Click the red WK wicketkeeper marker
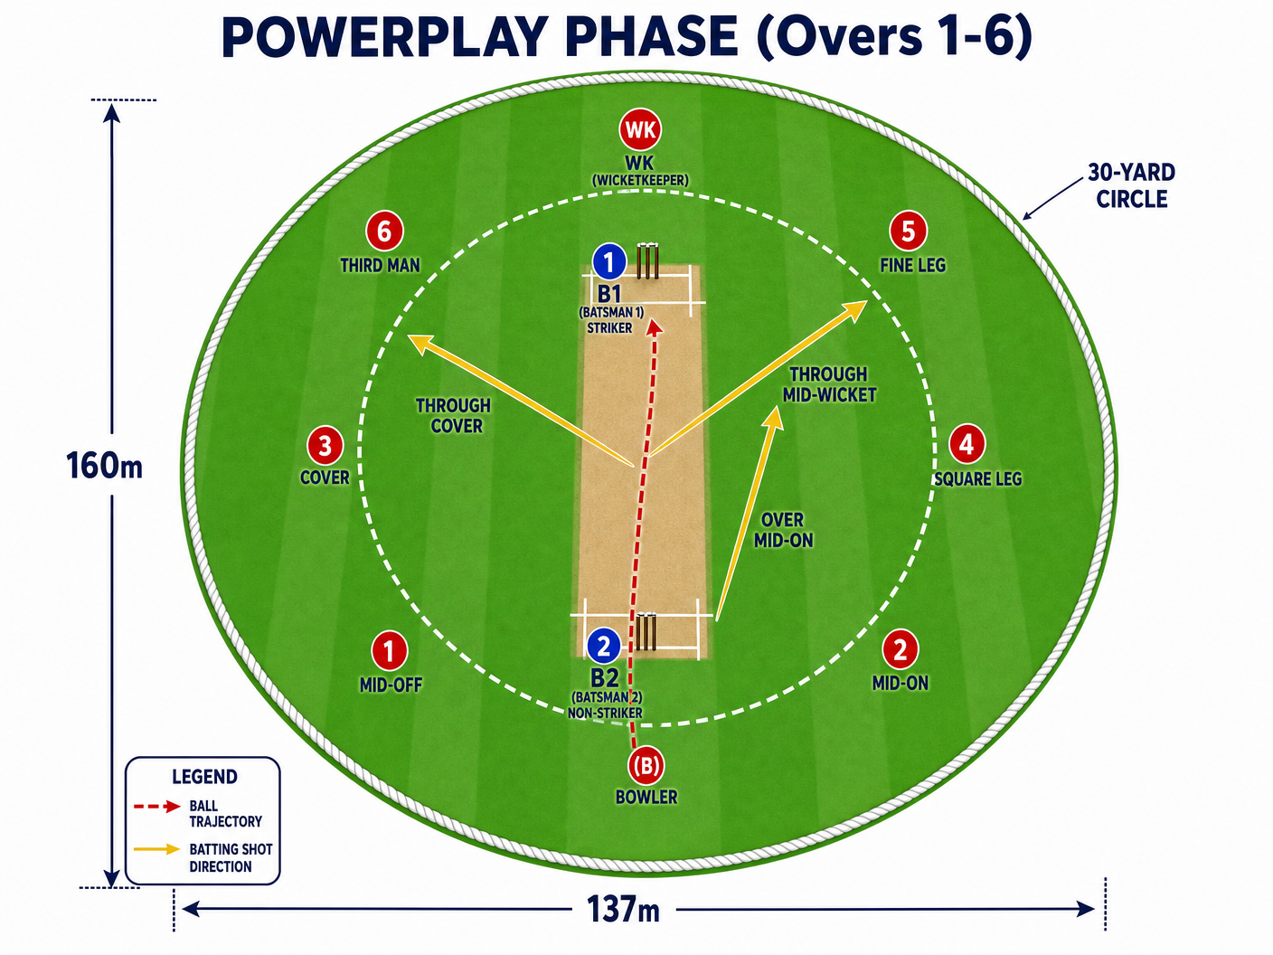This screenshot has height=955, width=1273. pos(640,129)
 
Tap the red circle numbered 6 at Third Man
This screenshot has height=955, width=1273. pos(384,231)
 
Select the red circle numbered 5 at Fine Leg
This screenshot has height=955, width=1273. pos(909,231)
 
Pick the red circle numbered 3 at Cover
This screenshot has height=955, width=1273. pos(325,445)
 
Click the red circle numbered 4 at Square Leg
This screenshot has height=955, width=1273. pos(967,443)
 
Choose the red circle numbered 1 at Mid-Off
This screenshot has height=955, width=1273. pos(389,650)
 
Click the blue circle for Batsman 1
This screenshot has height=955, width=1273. pos(609,262)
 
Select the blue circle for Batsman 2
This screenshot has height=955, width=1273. pos(604,646)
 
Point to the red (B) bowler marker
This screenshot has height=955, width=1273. pos(646,765)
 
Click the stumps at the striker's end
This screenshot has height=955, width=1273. pos(647,261)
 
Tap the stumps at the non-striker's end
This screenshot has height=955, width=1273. pos(646,631)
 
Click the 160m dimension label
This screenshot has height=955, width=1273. pos(104,466)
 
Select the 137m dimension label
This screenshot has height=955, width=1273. pos(624,909)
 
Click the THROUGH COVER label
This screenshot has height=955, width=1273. pos(454,415)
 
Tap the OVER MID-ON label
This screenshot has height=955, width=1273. pos(783,530)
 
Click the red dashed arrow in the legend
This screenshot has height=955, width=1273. pos(156,807)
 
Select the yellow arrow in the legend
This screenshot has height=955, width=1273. pos(156,849)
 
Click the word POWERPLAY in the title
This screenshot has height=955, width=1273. pos(383,37)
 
